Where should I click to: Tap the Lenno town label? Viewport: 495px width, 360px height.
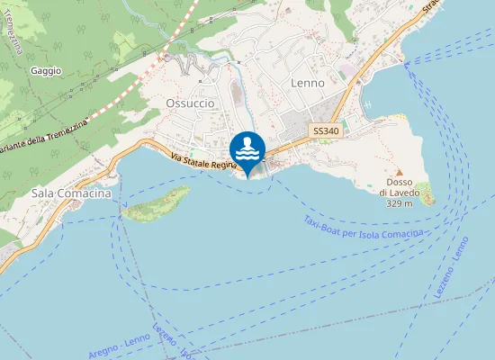coord(307,82)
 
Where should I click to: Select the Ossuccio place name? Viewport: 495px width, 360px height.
coord(190,103)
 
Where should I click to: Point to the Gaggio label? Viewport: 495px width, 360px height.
coord(45,70)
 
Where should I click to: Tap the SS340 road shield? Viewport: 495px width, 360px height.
coord(325,131)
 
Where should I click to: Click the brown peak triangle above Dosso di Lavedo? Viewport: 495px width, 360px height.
coord(398,171)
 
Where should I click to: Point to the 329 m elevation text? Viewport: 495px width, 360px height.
coord(399,203)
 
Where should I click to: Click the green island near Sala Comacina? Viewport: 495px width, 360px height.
coord(156,204)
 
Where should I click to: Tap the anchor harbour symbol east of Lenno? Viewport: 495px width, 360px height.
coord(368,104)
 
